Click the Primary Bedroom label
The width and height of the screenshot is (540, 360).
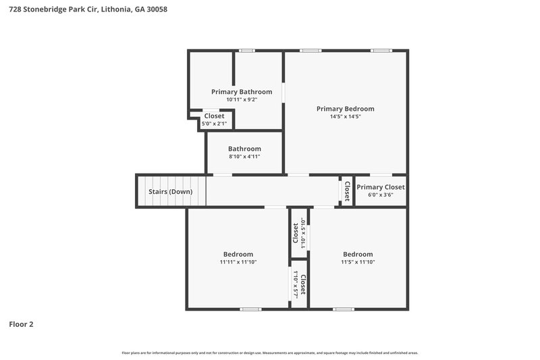(345, 109)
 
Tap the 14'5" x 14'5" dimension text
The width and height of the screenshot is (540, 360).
(345, 117)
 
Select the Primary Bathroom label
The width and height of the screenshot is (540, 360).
(242, 92)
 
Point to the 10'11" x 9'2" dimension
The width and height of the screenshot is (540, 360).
(242, 100)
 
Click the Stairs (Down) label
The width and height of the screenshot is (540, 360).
(170, 192)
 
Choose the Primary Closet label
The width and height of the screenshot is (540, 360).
(381, 187)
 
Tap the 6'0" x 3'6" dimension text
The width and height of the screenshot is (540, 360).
(381, 195)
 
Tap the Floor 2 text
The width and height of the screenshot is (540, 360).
(21, 324)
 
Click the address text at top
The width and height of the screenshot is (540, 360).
(84, 9)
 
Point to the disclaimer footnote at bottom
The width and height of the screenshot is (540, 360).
(269, 353)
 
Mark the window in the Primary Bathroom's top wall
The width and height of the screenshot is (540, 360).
(247, 51)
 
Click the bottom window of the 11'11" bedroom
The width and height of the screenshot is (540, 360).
(250, 309)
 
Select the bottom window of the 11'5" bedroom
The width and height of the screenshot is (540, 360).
(343, 309)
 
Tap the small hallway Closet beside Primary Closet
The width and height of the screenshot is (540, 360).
(347, 191)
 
